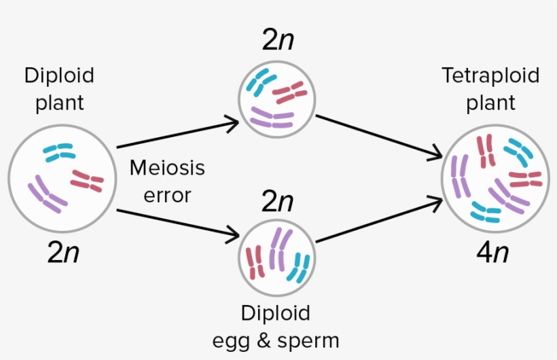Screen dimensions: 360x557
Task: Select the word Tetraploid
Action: click(490, 75)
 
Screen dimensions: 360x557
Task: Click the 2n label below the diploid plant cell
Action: click(63, 253)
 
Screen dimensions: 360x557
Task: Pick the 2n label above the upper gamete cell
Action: click(278, 41)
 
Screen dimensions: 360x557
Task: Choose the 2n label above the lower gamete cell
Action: click(278, 202)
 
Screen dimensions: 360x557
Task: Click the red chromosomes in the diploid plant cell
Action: click(87, 181)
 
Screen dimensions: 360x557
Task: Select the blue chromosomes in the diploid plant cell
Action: click(59, 152)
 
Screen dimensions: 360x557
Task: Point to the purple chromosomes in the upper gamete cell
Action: click(272, 120)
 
